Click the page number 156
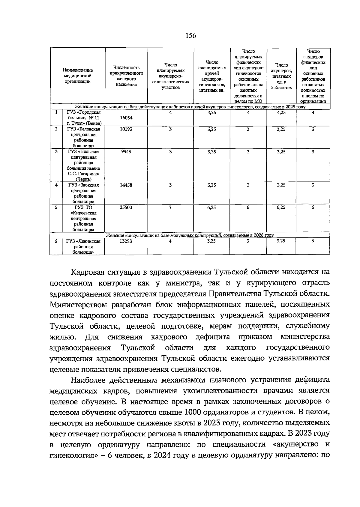190,36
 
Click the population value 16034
126,118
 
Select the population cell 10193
126,129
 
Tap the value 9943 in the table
126,152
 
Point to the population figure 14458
126,185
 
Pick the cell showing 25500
126,207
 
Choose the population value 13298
126,241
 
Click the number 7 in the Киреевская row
170,207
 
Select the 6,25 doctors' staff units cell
211,207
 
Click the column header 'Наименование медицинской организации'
78,76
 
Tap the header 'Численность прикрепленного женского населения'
126,76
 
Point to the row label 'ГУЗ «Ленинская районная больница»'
83,246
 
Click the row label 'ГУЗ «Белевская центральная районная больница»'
83,137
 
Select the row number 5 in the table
56,207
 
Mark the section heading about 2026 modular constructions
190,235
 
